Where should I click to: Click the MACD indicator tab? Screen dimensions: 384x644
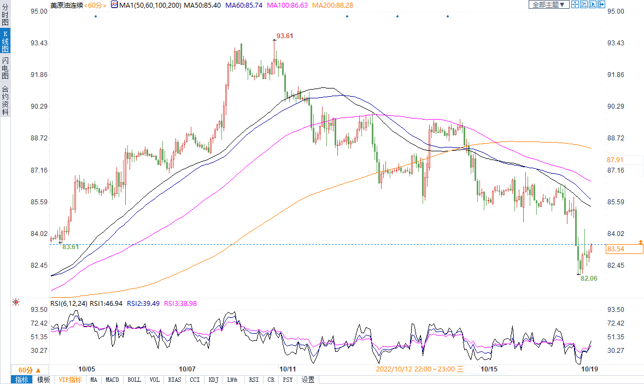pos(112,380)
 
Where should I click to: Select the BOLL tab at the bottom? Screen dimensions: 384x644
pos(134,380)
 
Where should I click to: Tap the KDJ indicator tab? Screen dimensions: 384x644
pos(213,380)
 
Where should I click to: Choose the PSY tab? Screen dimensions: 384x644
pos(288,380)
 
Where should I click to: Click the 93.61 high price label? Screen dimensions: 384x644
pos(285,36)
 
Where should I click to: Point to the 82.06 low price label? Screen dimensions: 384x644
pos(589,279)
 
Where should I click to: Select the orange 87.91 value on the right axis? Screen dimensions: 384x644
pos(615,160)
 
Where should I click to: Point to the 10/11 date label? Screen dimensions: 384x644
pos(287,369)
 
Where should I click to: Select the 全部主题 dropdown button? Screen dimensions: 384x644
pos(548,5)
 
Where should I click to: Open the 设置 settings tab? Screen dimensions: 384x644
pos(308,380)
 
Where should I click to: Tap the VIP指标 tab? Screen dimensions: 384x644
pos(70,380)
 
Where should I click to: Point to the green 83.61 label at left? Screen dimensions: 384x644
pos(71,247)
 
